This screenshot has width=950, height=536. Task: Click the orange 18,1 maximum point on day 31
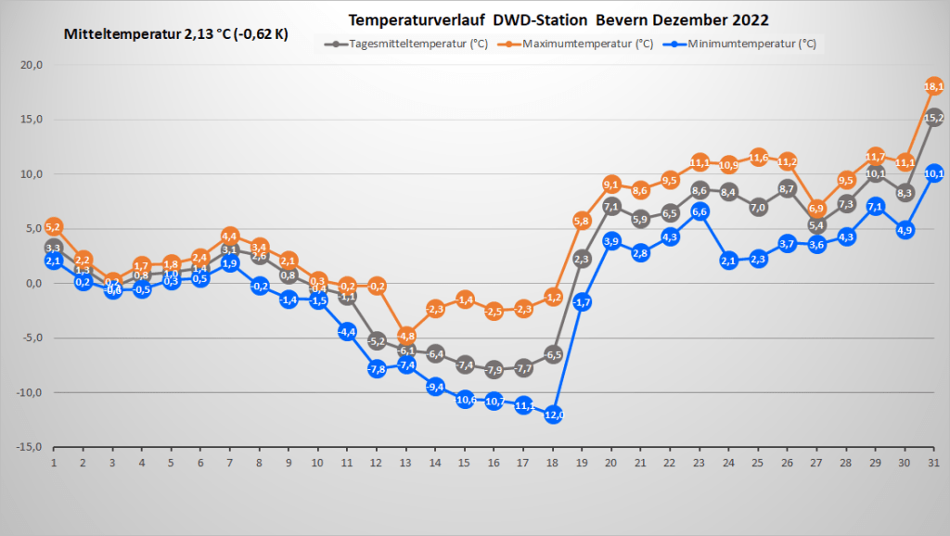[x=934, y=86]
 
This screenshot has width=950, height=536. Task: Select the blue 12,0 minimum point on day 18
[x=554, y=415]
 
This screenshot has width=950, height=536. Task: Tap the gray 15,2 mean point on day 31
[x=934, y=118]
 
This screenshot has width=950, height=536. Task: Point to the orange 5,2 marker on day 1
[x=53, y=226]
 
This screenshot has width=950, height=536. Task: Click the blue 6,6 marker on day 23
[x=700, y=211]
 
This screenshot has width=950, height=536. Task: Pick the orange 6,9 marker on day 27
[x=816, y=208]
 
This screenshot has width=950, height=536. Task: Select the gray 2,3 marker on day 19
[x=583, y=259]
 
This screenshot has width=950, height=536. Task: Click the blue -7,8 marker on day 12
[x=377, y=368]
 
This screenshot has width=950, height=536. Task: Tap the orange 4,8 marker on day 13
[x=406, y=336]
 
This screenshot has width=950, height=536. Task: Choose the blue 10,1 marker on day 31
[x=934, y=173]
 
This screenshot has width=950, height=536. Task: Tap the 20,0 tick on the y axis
[x=30, y=65]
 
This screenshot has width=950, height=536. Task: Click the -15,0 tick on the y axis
[x=28, y=447]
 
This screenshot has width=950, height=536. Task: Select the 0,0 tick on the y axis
[x=32, y=284]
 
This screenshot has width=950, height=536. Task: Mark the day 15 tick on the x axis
[x=465, y=461]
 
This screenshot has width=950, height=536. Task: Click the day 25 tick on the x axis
[x=758, y=461]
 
